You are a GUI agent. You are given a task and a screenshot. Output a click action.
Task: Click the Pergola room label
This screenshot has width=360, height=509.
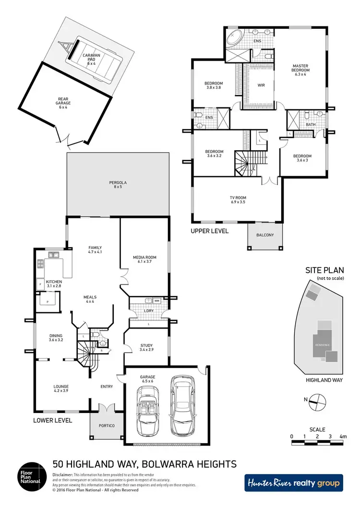(118, 185)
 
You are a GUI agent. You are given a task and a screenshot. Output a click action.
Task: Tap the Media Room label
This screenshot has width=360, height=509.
(144, 260)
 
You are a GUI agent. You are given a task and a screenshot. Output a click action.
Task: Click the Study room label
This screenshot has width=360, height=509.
(146, 348)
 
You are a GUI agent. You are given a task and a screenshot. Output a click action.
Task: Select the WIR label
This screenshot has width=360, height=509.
(262, 85)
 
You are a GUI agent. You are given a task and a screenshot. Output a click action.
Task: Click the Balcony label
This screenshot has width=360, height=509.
(264, 235)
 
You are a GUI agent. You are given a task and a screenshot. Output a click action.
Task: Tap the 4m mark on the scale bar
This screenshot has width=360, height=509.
(343, 437)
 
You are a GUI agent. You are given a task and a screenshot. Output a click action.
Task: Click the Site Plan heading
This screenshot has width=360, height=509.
(322, 271)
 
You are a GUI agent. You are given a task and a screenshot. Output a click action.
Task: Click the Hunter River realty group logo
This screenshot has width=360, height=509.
(293, 483)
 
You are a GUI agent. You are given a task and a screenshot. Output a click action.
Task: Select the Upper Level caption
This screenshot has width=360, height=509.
(210, 231)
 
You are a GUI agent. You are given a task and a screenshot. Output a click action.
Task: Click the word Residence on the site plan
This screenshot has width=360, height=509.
(321, 345)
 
